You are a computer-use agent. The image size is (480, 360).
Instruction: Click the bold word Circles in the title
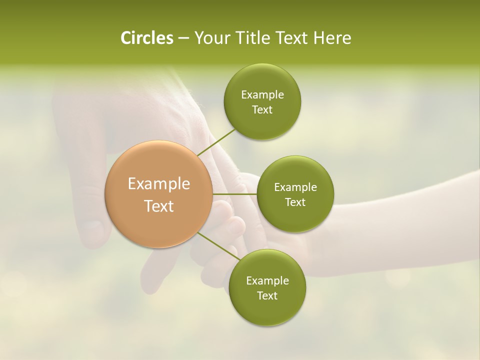click(x=146, y=38)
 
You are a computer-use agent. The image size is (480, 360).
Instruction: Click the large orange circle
click(x=159, y=194)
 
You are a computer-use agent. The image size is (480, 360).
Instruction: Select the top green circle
click(x=262, y=102)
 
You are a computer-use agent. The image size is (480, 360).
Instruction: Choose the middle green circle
click(x=295, y=194)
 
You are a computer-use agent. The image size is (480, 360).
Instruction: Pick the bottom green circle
click(x=267, y=288)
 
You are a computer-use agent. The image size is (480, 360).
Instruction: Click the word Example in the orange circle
click(x=159, y=184)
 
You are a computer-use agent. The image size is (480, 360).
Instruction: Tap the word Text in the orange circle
click(x=159, y=206)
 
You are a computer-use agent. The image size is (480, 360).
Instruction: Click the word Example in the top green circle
click(x=262, y=95)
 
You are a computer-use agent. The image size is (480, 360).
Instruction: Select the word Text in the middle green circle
click(x=295, y=202)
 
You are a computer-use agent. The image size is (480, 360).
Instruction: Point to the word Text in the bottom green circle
click(x=267, y=295)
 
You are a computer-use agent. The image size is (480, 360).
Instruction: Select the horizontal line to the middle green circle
click(x=235, y=194)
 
